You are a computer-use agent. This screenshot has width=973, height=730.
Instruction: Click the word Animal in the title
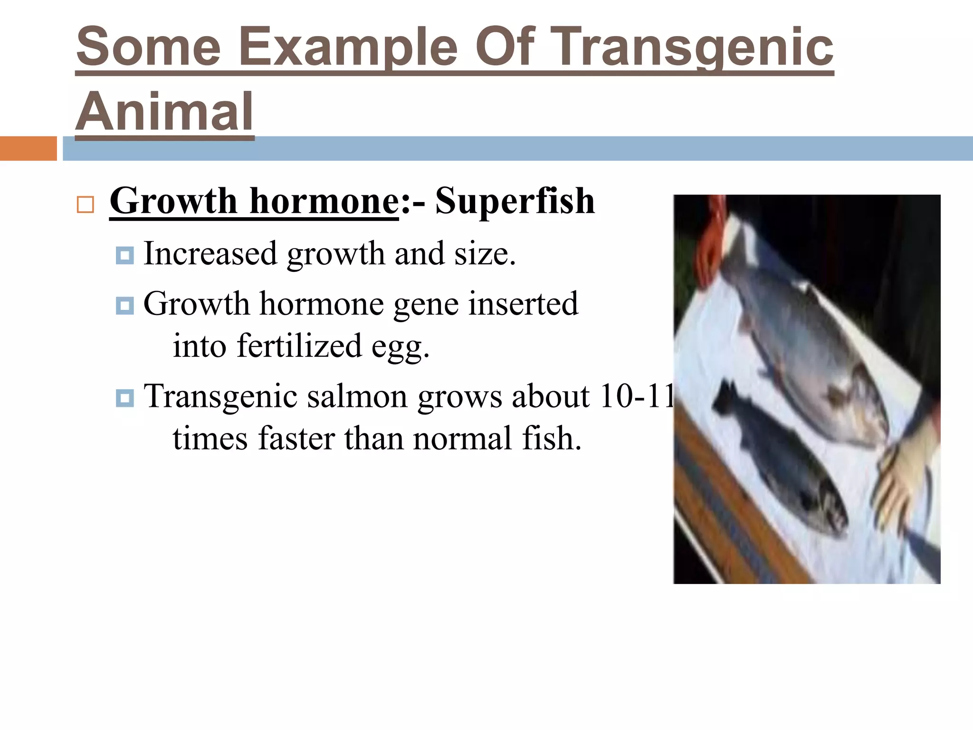click(164, 112)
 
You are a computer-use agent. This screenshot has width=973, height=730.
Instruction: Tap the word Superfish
click(515, 201)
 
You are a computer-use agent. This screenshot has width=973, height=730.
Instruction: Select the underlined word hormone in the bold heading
click(324, 201)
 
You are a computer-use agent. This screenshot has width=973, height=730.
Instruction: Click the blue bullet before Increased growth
click(124, 256)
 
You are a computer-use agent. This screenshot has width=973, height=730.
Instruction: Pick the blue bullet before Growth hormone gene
click(124, 306)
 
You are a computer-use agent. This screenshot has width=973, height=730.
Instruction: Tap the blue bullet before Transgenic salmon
click(124, 398)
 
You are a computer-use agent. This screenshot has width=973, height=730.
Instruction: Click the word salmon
click(357, 396)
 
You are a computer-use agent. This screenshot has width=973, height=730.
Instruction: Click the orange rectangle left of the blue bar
click(28, 148)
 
